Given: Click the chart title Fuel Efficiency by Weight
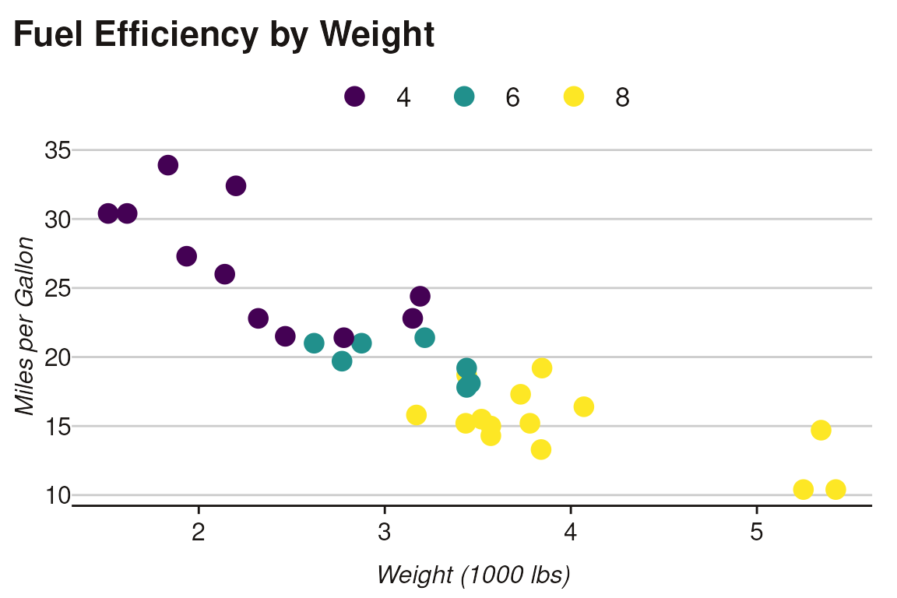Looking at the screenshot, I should (223, 35).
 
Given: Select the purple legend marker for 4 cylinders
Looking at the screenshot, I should (355, 97).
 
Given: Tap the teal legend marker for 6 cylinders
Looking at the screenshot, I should (464, 97).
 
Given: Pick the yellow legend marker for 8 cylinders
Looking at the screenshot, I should (574, 97).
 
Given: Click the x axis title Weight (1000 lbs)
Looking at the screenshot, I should (473, 575).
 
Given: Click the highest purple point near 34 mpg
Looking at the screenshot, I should (168, 165).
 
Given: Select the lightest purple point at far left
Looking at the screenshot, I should (108, 213).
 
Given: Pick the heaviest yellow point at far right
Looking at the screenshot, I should (835, 489).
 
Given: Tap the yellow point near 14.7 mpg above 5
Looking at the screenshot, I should (821, 430).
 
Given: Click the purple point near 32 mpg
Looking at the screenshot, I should (236, 186).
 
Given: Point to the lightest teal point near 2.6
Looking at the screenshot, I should (314, 343).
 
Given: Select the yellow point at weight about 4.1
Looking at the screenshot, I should (584, 406).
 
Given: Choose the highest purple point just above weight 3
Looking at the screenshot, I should (420, 296).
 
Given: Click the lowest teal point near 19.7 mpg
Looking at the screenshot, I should (342, 361).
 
